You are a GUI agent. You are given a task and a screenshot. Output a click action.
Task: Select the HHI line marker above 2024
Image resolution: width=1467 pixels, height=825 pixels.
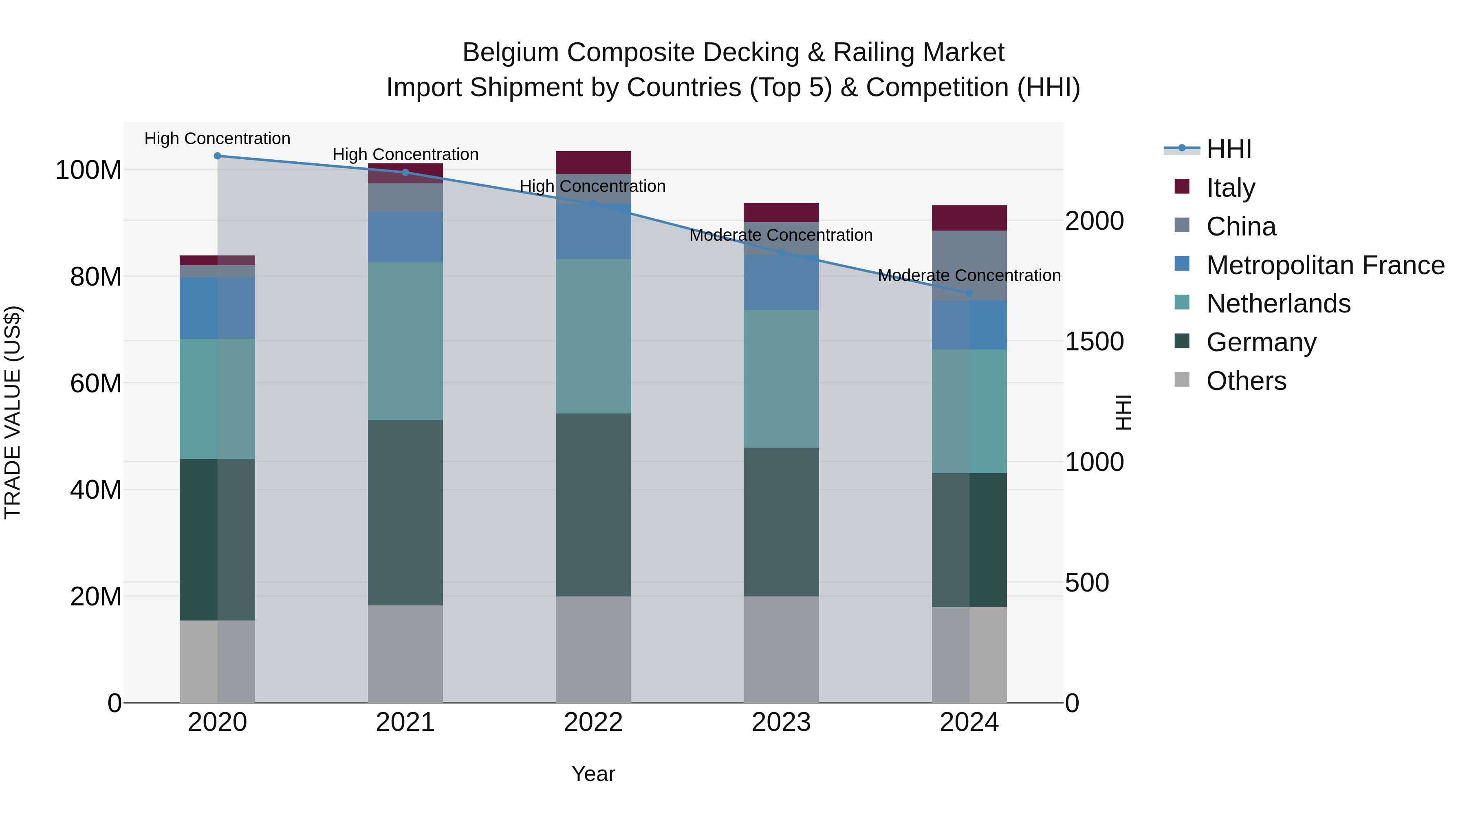(969, 293)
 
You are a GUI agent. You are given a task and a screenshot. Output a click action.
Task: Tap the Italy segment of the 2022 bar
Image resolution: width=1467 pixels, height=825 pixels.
(593, 162)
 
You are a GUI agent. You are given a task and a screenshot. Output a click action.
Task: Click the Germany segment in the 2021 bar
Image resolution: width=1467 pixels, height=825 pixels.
(405, 513)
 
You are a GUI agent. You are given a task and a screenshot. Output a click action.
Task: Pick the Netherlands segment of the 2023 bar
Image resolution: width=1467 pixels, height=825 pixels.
(781, 378)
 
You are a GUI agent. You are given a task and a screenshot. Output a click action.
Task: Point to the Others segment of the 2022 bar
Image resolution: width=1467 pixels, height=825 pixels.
(593, 649)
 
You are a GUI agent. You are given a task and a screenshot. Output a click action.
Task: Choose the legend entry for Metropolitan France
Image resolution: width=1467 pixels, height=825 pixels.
(1325, 265)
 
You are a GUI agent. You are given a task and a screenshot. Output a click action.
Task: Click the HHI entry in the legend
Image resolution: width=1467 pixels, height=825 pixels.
(1228, 149)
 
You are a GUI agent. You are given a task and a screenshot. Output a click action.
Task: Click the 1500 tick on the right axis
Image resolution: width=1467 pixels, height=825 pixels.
(1094, 342)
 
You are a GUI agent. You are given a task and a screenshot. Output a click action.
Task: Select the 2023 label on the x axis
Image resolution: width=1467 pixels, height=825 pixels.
(781, 722)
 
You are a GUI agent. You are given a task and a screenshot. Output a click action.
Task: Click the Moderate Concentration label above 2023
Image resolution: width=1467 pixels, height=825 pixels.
(781, 235)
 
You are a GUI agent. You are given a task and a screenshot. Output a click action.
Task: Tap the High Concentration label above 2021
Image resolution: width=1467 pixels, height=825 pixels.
(405, 154)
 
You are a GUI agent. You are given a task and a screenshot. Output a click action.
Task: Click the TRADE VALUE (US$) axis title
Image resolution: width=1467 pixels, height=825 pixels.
(13, 412)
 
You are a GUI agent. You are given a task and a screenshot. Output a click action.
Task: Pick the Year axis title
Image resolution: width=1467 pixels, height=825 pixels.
(593, 774)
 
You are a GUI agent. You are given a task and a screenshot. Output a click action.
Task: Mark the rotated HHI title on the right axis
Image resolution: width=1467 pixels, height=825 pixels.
(1123, 412)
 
